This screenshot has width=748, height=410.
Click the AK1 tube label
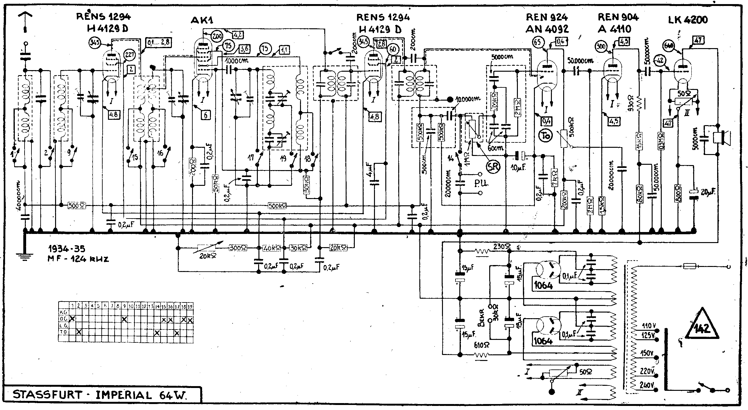coord(202,20)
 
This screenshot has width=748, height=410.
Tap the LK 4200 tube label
coord(688,20)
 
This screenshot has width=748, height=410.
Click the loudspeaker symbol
coord(721,138)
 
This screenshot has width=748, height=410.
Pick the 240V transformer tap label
coord(647,385)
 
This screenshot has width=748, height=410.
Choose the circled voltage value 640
coord(669,45)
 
